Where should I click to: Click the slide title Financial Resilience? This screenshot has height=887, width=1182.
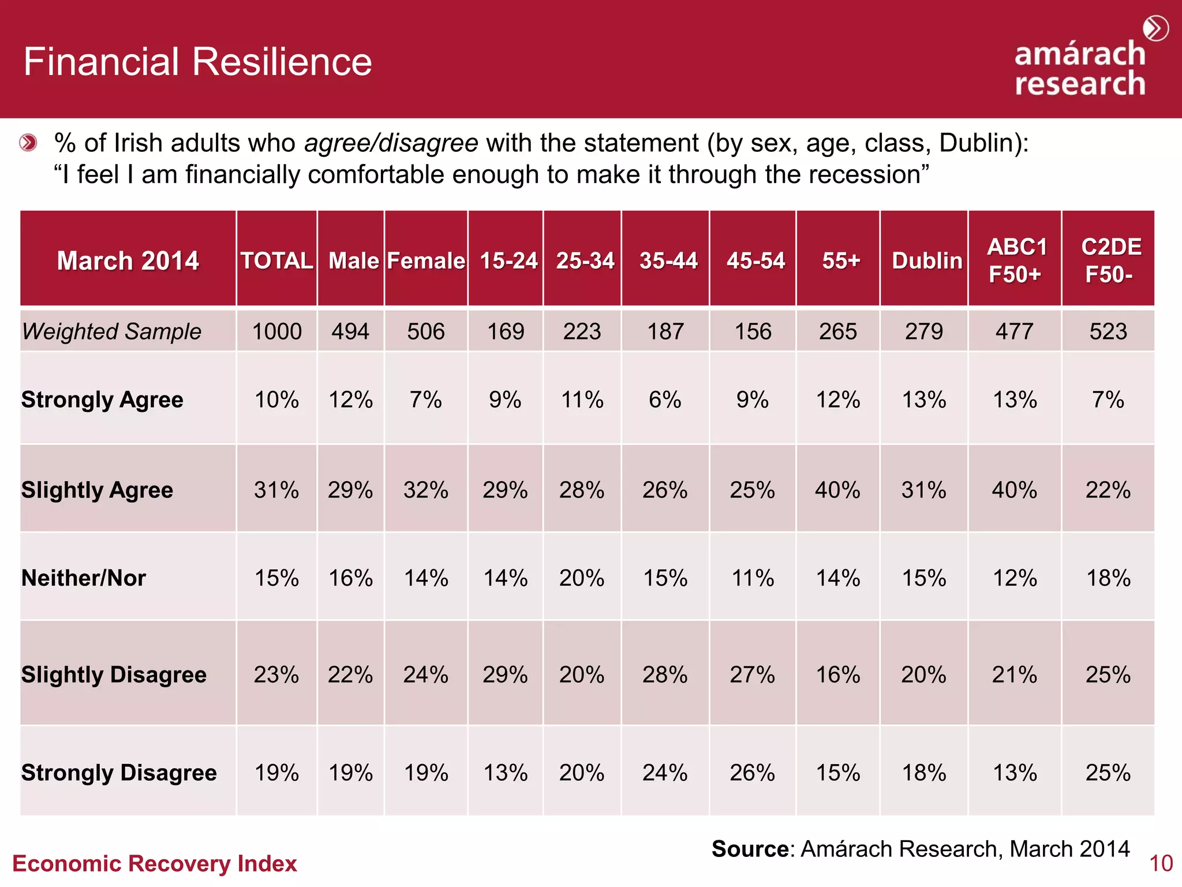197,62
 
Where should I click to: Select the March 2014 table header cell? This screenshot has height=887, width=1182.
128,260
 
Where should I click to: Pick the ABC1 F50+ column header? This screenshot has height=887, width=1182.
1016,260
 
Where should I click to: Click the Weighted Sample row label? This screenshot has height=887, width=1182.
111,331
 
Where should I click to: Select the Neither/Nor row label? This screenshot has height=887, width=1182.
84,578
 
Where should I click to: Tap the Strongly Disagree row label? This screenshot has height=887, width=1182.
119,773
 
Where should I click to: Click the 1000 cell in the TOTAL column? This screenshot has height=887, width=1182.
277,331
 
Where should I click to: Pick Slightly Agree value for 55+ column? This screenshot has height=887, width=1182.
837,490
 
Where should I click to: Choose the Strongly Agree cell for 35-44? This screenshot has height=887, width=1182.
665,400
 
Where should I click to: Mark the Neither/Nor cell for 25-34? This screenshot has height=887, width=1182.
582,578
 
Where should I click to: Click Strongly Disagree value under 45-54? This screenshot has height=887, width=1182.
752,773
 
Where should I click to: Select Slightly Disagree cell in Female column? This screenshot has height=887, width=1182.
426,674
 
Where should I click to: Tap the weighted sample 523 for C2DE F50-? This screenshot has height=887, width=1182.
1108,331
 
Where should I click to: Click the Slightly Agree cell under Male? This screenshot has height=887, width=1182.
350,490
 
